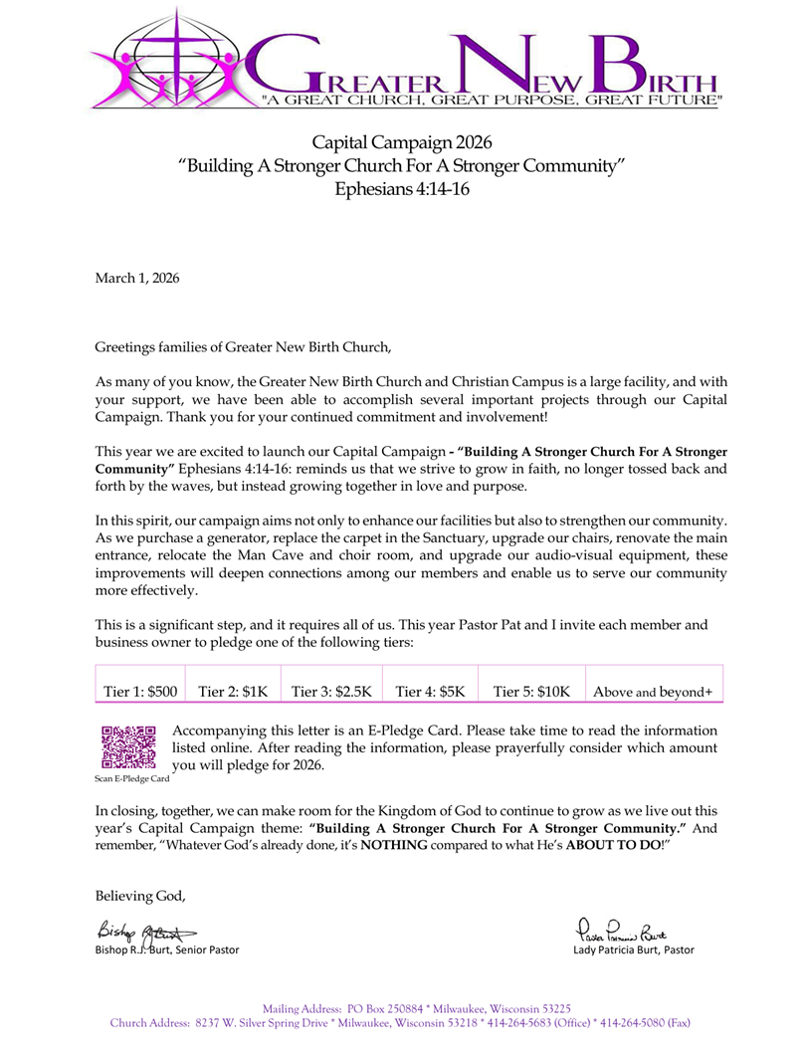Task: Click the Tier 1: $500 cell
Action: coord(140,691)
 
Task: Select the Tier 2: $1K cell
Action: coord(233,691)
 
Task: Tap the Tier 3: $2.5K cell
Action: coord(330,691)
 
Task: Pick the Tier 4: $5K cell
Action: coord(430,691)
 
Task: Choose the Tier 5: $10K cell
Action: coord(531,691)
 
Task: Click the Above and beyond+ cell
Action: coord(653,691)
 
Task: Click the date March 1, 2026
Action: coord(137,279)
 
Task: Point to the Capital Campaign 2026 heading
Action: coord(402,142)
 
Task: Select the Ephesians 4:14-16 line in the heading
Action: coord(402,189)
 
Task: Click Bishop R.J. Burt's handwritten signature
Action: coord(145,931)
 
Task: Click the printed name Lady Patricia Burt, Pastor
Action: coord(634,949)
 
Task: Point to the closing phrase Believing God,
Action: coord(140,896)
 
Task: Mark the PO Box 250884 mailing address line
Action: coord(416,1008)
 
